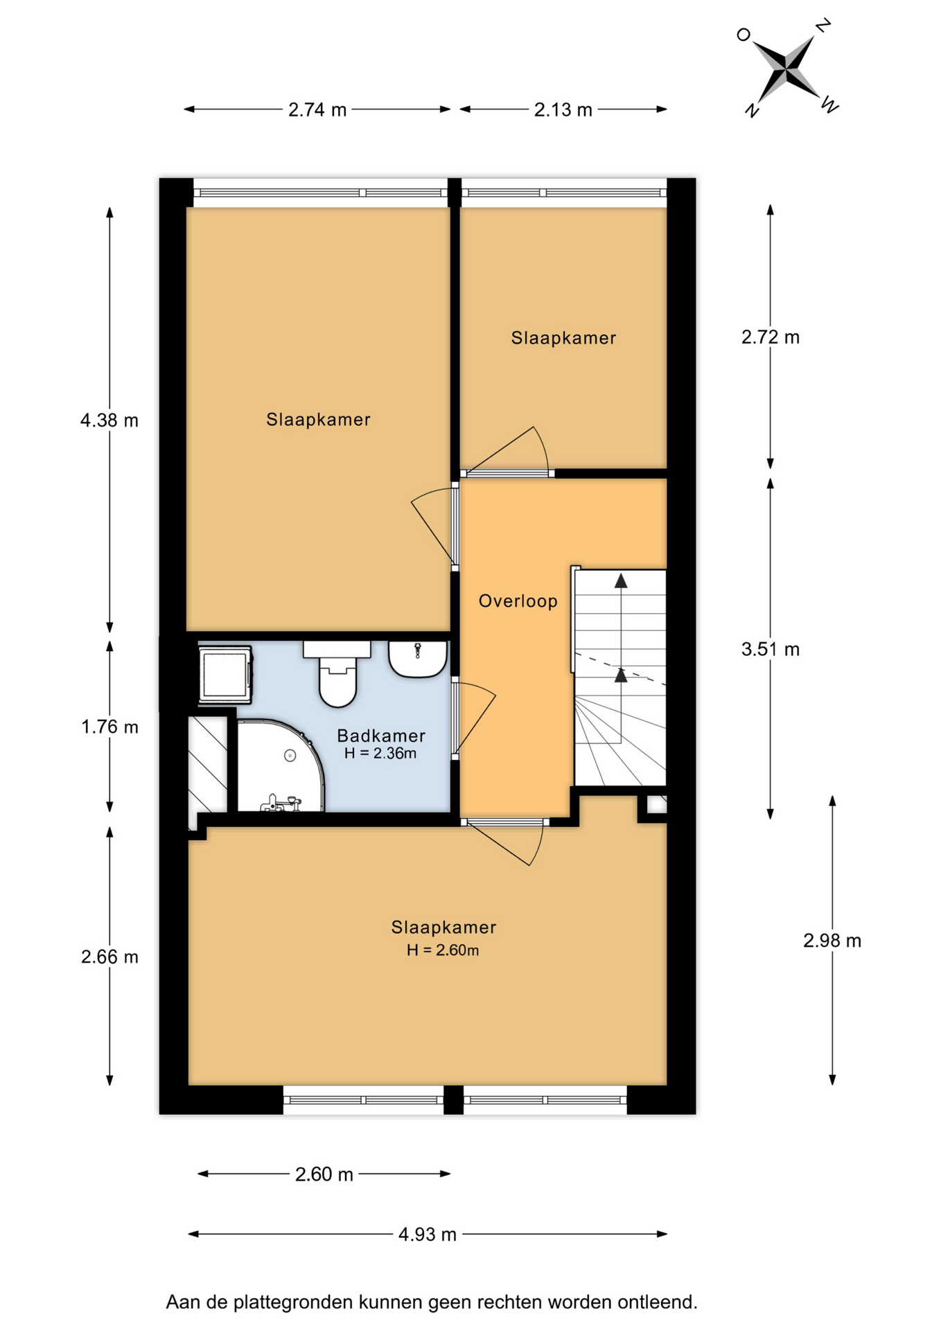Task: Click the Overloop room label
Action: (x=518, y=601)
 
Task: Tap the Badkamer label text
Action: (x=381, y=736)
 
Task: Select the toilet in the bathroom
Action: (x=337, y=673)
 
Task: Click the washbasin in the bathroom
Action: (x=417, y=659)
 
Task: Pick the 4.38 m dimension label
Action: (x=109, y=420)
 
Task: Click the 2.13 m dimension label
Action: (x=563, y=109)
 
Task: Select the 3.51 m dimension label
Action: (x=771, y=649)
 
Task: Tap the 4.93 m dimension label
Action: (x=428, y=1234)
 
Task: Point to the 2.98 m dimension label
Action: (x=832, y=941)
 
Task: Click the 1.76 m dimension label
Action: (x=109, y=727)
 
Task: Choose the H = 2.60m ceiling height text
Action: (x=443, y=950)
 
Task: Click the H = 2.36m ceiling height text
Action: (x=380, y=754)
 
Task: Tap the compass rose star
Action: (x=786, y=68)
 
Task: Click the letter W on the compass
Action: (x=830, y=105)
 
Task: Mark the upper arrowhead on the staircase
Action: (x=621, y=581)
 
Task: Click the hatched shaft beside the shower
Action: (x=209, y=765)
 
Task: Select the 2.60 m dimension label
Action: (x=324, y=1174)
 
